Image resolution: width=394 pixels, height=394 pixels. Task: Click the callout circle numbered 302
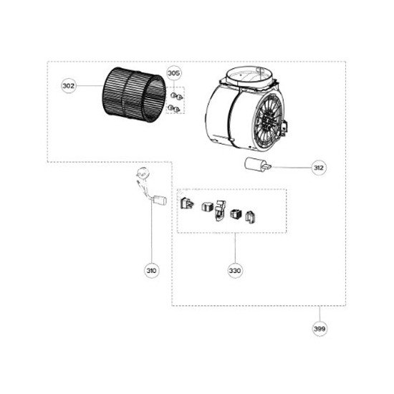68,86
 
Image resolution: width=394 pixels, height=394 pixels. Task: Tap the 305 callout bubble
174,73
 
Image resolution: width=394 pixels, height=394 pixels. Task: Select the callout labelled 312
319,168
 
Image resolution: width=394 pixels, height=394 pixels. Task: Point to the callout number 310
152,271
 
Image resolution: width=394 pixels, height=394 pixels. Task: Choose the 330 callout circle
235,271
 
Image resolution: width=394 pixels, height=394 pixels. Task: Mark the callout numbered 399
319,328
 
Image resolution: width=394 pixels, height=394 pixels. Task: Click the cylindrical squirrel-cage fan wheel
134,95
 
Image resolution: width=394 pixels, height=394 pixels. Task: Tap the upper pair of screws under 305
177,96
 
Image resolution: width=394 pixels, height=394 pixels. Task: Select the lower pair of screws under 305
173,109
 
